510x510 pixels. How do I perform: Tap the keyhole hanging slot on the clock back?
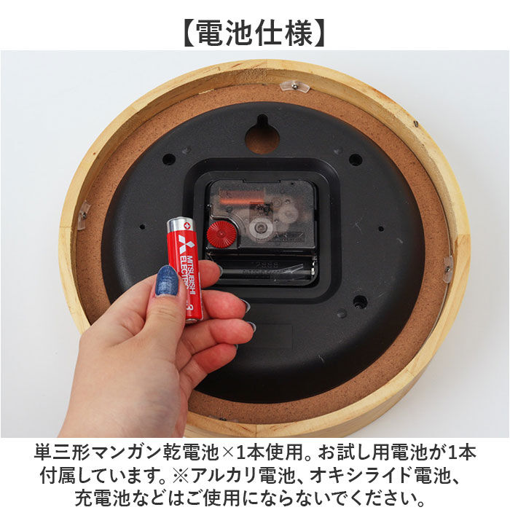point(262,135)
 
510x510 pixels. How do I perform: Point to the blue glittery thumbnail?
point(167,280)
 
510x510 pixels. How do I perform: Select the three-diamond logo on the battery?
point(181,241)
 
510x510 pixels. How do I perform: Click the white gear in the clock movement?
point(289,213)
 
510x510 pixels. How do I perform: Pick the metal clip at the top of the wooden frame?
point(295,86)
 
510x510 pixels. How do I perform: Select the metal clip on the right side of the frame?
point(448,268)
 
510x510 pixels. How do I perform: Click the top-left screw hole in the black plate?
point(169,159)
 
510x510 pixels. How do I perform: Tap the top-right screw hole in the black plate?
point(355,159)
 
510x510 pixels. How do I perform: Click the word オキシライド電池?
point(390,476)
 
